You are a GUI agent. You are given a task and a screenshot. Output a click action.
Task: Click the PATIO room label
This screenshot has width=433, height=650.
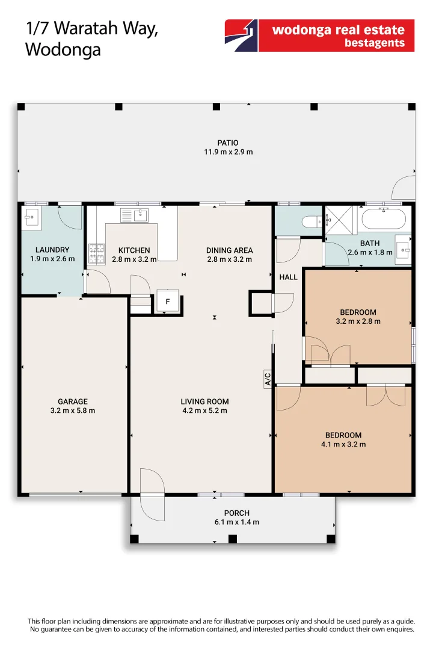228,143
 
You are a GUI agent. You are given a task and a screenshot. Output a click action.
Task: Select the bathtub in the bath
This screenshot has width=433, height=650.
384,218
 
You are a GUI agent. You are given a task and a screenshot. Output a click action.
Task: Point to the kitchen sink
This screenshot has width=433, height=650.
134,215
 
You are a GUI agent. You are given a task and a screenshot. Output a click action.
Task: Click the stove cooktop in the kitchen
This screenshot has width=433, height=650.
97,254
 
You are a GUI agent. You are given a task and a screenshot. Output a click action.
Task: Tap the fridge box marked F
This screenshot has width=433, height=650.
167,302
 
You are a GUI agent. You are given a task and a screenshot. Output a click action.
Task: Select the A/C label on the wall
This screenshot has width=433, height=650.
268,379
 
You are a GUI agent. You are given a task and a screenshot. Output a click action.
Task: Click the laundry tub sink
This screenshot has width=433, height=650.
31,218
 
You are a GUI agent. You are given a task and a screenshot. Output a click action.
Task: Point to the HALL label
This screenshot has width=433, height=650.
289,277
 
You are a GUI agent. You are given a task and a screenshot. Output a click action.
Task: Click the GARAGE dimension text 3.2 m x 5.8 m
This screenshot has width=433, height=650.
73,410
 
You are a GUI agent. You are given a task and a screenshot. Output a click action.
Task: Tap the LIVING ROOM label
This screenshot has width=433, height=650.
204,401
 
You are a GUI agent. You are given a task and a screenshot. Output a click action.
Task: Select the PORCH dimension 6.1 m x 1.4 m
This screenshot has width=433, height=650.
236,522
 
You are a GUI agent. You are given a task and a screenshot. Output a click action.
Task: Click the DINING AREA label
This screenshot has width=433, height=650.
230,250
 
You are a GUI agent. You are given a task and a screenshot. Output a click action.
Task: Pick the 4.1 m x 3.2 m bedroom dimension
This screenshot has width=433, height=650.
343,444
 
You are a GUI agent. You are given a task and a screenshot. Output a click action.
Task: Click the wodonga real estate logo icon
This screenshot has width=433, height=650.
241,36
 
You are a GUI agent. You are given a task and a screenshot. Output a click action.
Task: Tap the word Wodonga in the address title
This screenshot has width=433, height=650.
63,50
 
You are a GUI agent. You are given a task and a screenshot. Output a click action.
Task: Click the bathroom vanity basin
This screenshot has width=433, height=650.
404,250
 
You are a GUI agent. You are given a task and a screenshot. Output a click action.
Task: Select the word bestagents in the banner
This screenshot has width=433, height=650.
375,43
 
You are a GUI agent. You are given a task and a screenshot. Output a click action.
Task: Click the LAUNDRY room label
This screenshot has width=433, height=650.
52,250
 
